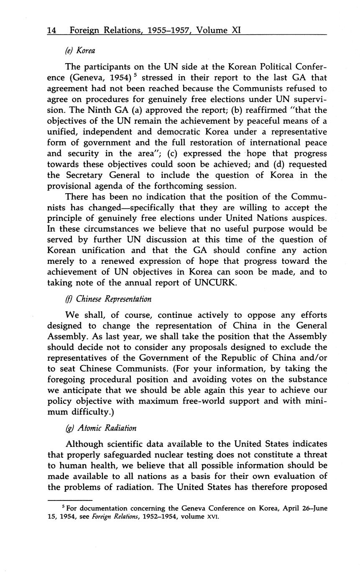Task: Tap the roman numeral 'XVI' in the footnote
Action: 213,516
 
